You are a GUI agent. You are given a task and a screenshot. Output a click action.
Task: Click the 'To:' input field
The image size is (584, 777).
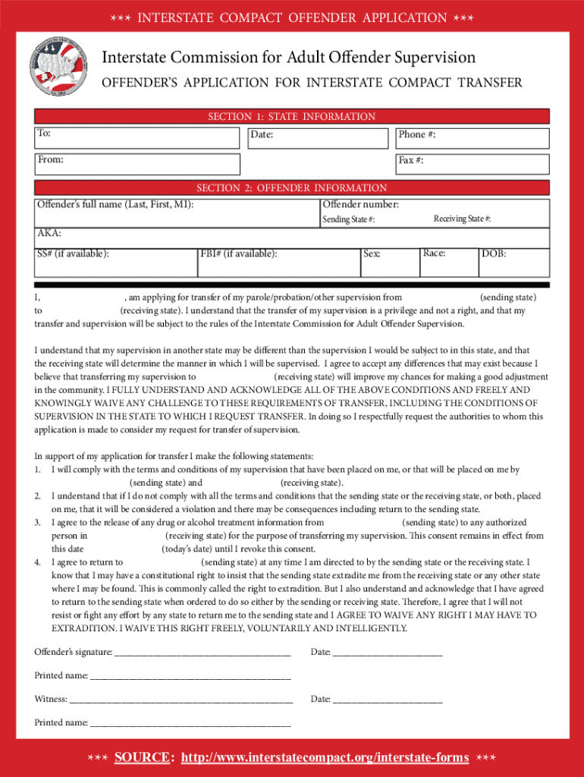137,137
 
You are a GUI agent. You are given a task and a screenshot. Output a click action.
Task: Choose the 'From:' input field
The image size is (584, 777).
137,164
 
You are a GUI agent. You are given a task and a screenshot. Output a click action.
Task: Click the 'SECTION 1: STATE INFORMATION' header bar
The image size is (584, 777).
292,116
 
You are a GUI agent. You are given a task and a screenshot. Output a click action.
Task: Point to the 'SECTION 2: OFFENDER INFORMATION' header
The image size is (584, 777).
292,187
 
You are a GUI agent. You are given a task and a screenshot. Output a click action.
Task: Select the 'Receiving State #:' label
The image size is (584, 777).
462,219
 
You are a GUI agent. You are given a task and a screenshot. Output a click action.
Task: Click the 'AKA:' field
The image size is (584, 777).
292,238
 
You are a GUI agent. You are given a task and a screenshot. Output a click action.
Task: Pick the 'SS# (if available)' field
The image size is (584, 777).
114,262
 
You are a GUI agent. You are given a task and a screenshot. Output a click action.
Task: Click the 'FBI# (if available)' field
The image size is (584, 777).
277,262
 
